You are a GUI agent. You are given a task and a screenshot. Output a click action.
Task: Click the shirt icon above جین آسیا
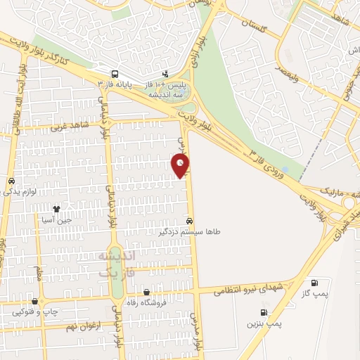57,209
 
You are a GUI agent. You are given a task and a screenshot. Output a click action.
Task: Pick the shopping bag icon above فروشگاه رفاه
146,292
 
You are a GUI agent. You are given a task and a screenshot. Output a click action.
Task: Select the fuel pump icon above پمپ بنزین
264,313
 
